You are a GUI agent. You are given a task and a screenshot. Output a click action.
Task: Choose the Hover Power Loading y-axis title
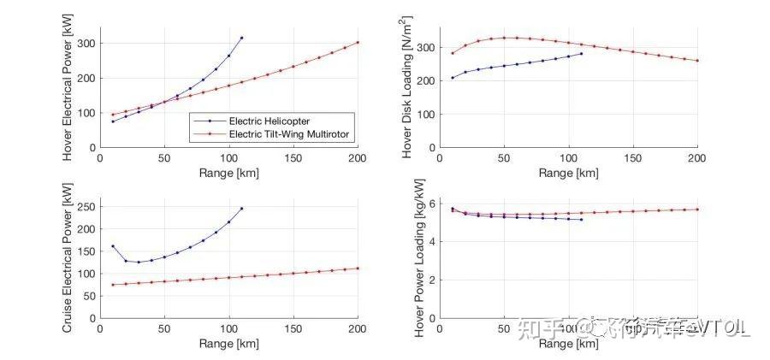[x=419, y=259]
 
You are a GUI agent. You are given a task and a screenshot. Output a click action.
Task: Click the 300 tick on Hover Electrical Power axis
[x=87, y=43]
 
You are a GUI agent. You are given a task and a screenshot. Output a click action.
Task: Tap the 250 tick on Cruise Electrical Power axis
[x=87, y=207]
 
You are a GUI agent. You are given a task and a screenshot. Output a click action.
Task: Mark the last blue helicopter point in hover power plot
[x=241, y=38]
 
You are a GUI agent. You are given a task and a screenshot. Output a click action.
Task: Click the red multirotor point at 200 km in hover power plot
[x=358, y=42]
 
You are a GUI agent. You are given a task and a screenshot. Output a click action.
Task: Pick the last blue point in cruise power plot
[x=241, y=208]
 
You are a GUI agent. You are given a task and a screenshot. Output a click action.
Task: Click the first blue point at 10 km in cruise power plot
[x=113, y=246]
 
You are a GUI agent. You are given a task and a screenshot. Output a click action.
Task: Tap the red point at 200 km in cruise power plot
[x=358, y=269]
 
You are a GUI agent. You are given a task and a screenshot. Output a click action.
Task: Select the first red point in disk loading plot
[x=453, y=53]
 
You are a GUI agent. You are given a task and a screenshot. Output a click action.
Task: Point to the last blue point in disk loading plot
[x=581, y=54]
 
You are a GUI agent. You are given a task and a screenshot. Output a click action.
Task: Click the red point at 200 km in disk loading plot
[x=697, y=61]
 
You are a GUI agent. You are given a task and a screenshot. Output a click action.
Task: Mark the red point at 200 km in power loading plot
[x=697, y=210]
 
